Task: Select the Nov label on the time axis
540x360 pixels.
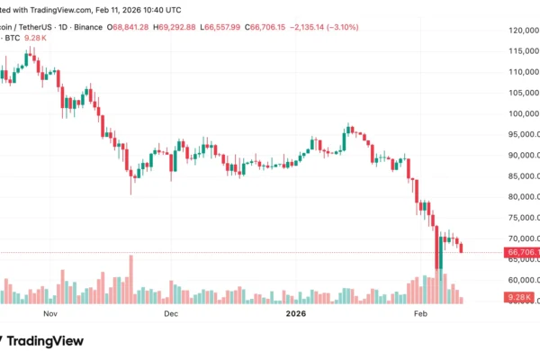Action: pyautogui.click(x=50, y=315)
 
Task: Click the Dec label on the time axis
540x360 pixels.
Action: pyautogui.click(x=171, y=315)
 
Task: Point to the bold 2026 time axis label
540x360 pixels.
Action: pyautogui.click(x=295, y=315)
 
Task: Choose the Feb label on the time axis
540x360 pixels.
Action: pyautogui.click(x=419, y=315)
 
